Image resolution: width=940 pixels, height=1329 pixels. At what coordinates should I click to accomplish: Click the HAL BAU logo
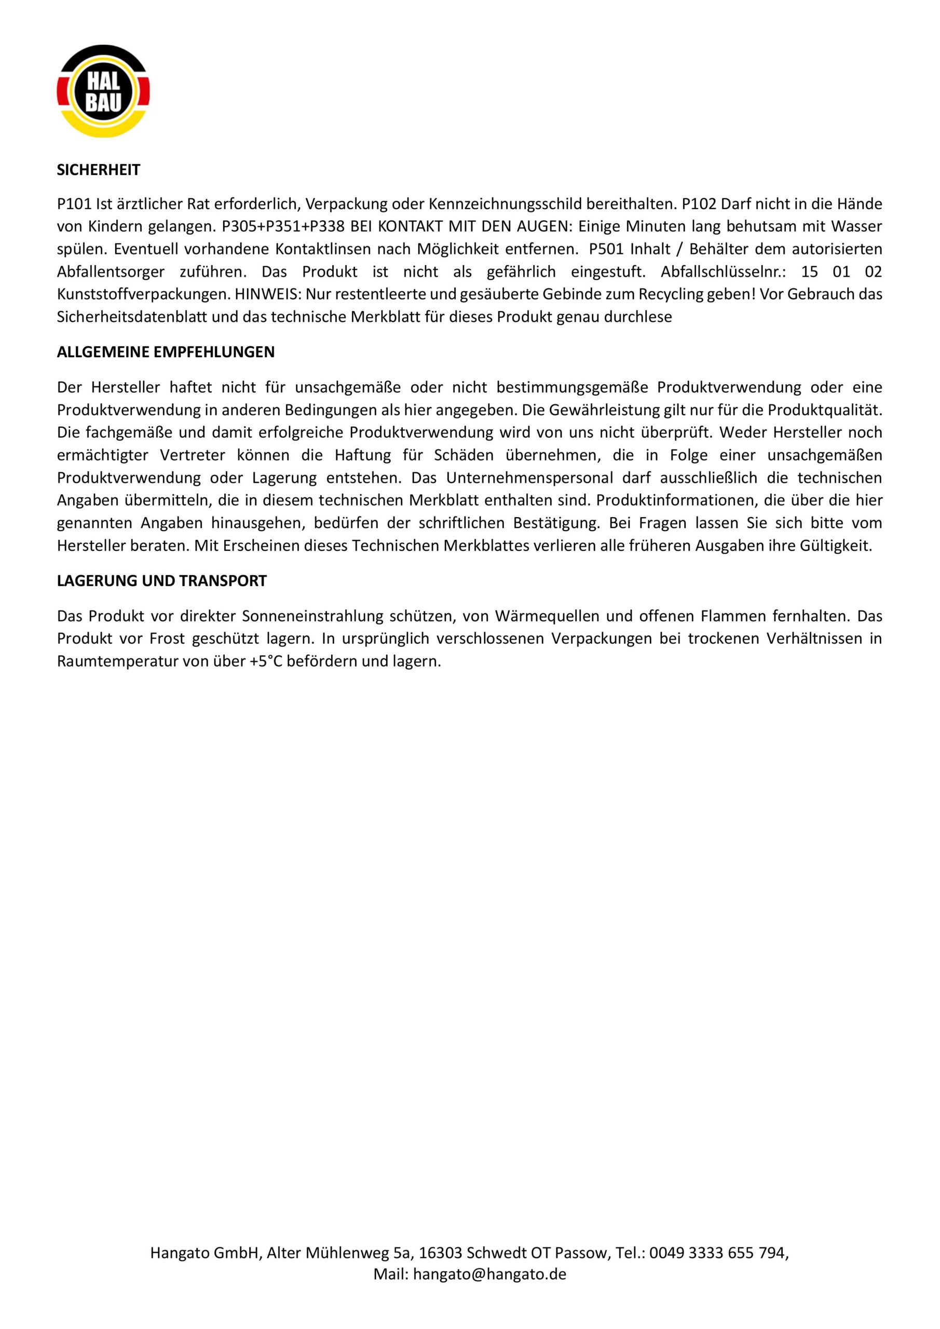pos(103,91)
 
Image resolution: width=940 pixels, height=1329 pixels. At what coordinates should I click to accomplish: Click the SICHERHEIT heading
pos(99,170)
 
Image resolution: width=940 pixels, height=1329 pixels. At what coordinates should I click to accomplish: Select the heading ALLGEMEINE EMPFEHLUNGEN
pos(166,352)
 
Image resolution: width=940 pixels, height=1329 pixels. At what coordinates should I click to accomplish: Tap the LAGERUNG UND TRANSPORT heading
pos(161,580)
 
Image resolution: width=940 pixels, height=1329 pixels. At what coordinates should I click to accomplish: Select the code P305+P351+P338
pos(283,226)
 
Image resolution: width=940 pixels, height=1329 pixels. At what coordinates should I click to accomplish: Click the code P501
pos(606,249)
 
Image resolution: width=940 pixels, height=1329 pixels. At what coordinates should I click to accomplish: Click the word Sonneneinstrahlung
pos(313,616)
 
